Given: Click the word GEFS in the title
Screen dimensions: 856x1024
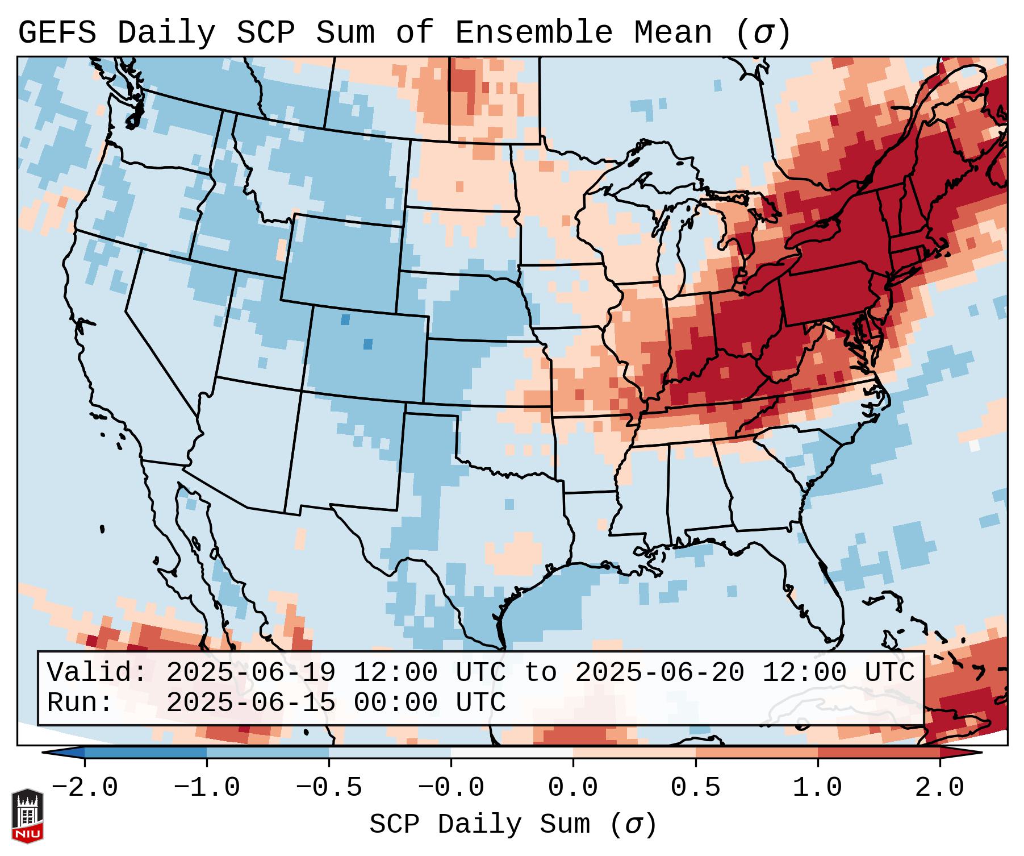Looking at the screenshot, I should tap(57, 33).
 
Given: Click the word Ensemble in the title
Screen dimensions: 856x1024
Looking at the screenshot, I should tap(534, 33).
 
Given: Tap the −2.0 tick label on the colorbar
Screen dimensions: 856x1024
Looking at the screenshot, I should tap(85, 788).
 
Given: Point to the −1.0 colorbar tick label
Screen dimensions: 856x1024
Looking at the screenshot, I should tap(207, 788).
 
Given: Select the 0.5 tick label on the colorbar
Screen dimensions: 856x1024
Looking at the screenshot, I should tap(696, 788).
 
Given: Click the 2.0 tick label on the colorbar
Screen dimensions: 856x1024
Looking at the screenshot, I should tap(940, 788).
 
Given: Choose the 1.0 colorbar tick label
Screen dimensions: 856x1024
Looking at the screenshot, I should tap(818, 788).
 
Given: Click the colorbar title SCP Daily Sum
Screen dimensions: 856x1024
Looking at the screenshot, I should tap(480, 824).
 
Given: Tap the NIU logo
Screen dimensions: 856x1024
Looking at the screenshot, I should tap(27, 816).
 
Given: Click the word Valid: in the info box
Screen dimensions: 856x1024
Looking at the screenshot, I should tap(97, 673).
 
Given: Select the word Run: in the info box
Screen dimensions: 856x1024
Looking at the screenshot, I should tap(80, 703).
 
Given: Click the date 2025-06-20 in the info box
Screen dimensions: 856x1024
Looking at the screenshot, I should tap(659, 673).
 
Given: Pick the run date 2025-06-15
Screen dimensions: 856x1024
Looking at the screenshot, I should tap(250, 703).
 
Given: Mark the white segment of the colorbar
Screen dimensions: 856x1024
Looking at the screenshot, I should tap(512, 753).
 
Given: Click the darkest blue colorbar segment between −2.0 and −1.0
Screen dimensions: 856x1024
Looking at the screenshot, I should tap(145, 753).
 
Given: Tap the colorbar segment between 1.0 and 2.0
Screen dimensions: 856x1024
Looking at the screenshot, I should tap(879, 753).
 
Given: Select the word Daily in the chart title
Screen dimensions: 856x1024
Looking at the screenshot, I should tap(166, 33).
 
